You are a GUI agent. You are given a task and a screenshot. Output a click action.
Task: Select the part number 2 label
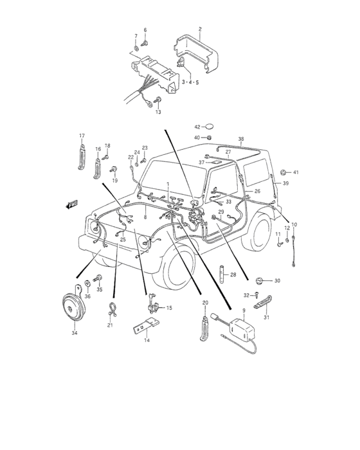pos(199,30)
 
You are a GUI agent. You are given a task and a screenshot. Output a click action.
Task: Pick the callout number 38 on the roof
pos(241,139)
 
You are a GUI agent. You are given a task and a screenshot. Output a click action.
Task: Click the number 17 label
pos(82,136)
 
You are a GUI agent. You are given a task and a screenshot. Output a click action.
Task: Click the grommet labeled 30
pos(259,280)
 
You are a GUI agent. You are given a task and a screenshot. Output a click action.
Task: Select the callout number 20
pos(205,302)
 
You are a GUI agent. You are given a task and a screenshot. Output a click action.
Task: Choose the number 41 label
pos(296,172)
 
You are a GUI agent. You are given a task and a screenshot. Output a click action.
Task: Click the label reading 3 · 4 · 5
pos(190,82)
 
